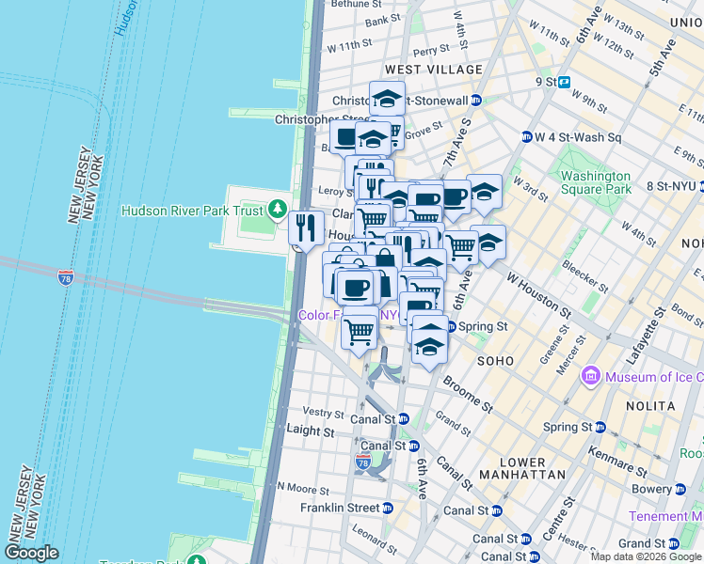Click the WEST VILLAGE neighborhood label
[433, 70]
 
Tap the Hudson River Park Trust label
[193, 211]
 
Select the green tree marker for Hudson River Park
[278, 208]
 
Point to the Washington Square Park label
[595, 182]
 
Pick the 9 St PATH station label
[546, 82]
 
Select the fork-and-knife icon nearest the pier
[306, 227]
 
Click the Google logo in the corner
[32, 553]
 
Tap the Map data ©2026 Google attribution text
[646, 556]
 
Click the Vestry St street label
[323, 413]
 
